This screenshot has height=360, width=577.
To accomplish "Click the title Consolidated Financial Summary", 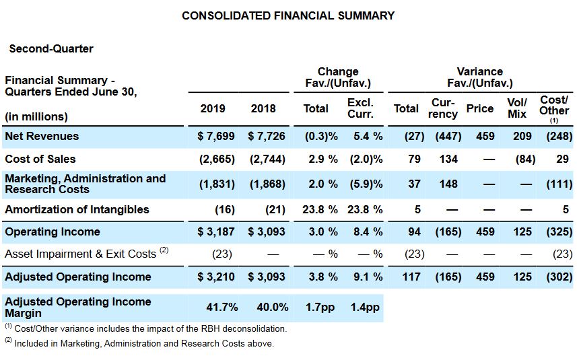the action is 288,15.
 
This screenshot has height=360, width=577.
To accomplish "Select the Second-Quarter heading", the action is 51,48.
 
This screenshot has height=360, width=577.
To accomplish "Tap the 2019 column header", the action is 212,108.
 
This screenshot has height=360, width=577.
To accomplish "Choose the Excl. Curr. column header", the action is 360,108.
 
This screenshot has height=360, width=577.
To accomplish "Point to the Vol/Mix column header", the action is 517,108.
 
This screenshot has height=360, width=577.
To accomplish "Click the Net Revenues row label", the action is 42,136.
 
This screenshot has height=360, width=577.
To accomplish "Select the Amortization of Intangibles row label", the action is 77,209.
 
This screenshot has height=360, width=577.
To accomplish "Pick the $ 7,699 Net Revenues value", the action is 216,136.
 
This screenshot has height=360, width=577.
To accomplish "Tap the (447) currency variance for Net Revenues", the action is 448,136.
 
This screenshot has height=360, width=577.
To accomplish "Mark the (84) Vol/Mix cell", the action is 525,159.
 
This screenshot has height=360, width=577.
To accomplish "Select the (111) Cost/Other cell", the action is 559,184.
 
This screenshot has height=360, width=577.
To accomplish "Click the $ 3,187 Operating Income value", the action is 216,231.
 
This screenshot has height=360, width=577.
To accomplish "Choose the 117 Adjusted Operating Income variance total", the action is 411,277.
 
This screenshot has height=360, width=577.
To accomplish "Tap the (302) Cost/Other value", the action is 559,277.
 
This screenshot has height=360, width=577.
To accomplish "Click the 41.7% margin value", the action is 222,307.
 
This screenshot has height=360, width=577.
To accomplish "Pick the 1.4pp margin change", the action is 365,308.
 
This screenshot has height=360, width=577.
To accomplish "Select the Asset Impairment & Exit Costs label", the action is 86,254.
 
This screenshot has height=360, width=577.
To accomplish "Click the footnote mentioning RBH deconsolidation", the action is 145,328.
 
